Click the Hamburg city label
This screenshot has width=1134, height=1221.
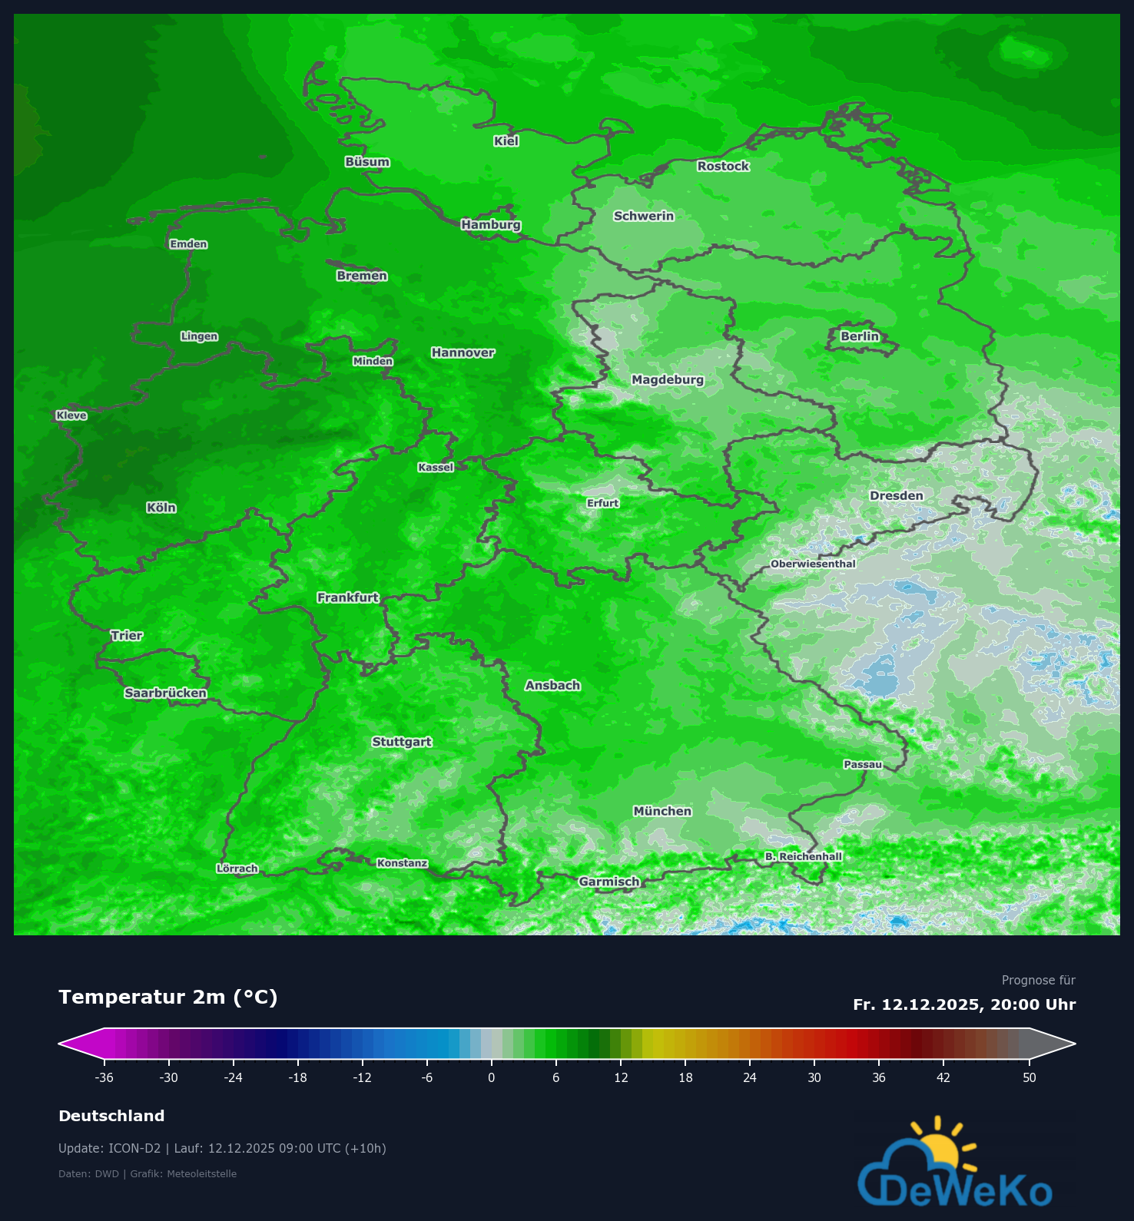coord(491,225)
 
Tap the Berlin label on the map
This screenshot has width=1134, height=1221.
coord(859,336)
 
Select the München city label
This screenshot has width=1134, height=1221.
coord(662,811)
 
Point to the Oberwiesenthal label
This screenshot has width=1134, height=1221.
coord(813,564)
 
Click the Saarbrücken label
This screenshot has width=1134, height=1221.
coord(166,693)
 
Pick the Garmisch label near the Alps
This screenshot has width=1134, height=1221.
coord(608,882)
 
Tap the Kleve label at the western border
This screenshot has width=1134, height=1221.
coord(71,415)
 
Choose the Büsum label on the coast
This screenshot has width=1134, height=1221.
coord(367,162)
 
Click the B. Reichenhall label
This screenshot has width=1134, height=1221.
coord(804,856)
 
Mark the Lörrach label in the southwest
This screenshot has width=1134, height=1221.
coord(237,869)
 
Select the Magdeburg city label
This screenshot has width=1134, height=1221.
coord(667,379)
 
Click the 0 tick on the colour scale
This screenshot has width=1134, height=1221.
coord(492,1077)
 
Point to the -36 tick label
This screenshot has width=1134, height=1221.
coord(104,1077)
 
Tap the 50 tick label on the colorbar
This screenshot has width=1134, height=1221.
coord(1030,1077)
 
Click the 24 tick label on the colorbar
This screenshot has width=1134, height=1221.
coord(750,1077)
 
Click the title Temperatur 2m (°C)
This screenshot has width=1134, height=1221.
coord(167,997)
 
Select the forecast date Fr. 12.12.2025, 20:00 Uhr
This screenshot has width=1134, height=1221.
coord(964,1004)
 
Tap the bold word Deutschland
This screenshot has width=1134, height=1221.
coord(111,1116)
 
